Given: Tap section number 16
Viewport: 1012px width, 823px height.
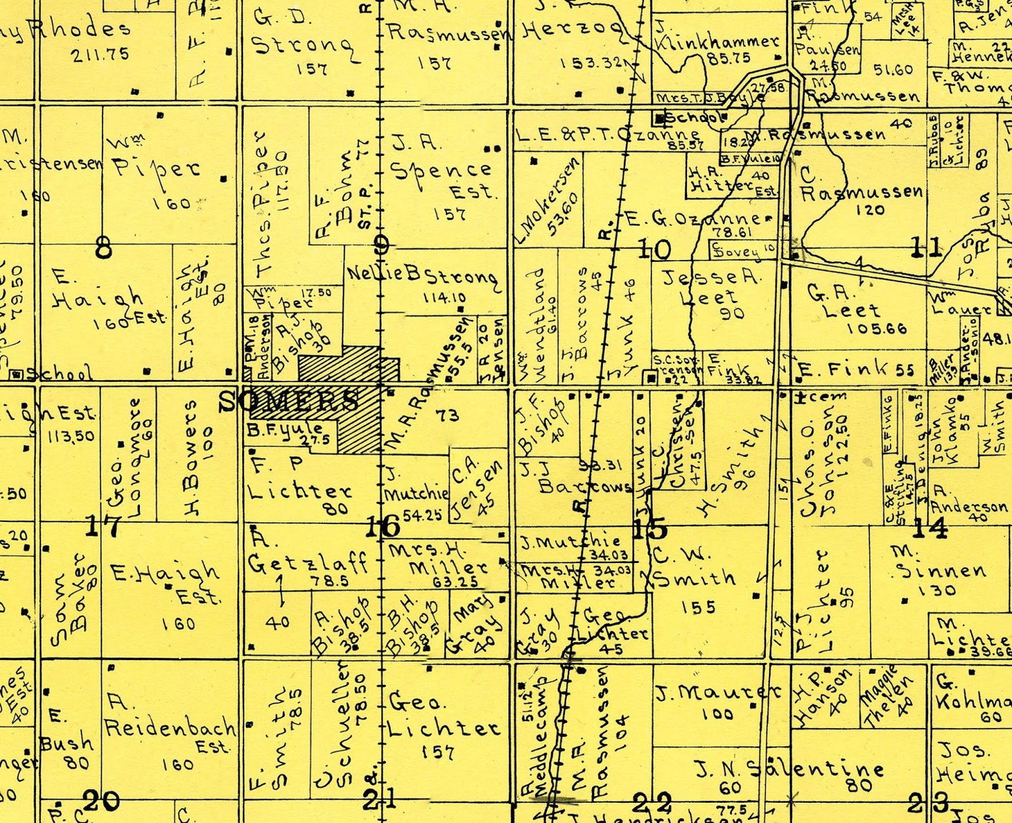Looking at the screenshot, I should click(383, 526).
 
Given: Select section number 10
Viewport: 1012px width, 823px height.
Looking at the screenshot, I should click(653, 249).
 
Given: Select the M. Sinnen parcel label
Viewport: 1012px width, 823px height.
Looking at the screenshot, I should click(939, 563).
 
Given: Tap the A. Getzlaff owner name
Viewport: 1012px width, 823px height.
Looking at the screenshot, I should click(306, 554).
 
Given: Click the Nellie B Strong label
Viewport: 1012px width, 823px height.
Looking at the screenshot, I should click(422, 276).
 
